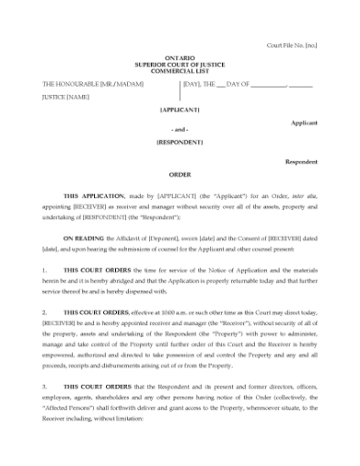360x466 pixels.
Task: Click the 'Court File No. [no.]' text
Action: (291, 45)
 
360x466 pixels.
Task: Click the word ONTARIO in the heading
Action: (179, 58)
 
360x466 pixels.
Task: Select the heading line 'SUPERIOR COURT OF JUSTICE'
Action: (179, 64)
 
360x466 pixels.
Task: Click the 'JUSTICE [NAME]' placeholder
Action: (66, 96)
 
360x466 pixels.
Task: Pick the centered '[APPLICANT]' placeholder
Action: (179, 109)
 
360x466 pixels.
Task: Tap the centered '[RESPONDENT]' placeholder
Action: (179, 143)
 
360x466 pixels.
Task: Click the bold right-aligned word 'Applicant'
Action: (304, 122)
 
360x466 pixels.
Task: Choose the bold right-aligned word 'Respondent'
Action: (301, 161)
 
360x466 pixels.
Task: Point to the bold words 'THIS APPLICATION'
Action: (89, 196)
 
